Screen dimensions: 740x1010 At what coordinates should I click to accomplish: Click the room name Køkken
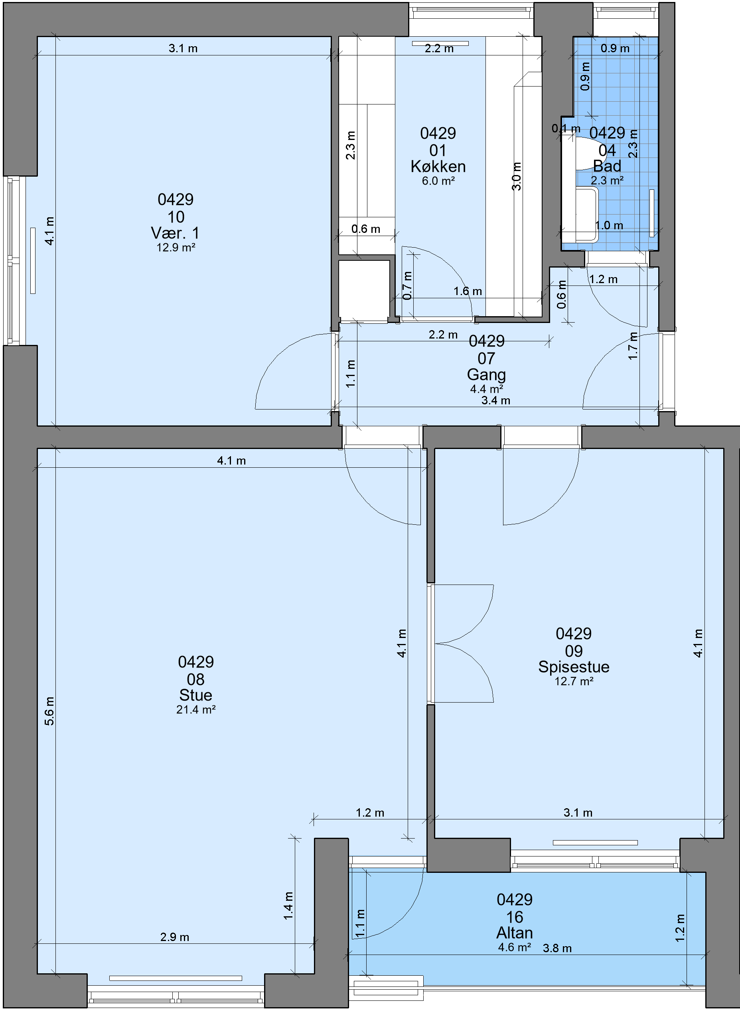[x=438, y=167]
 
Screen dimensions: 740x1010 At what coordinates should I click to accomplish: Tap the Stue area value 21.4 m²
[x=196, y=710]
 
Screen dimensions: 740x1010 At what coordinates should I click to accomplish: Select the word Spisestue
[x=574, y=667]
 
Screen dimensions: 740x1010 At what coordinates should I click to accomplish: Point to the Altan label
[x=515, y=929]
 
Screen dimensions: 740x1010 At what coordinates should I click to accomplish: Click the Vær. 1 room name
[x=175, y=233]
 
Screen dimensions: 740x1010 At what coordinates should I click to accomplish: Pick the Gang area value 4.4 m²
[x=486, y=389]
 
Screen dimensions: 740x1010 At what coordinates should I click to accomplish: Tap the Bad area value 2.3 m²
[x=608, y=180]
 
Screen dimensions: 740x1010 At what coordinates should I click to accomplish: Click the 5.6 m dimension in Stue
[x=49, y=711]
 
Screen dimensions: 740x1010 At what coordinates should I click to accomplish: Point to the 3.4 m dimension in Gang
[x=496, y=401]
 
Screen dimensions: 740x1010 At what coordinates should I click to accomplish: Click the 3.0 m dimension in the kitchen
[x=517, y=176]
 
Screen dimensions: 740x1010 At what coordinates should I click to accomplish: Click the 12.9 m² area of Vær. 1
[x=176, y=248]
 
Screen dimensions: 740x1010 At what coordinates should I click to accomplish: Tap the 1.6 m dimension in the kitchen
[x=468, y=291]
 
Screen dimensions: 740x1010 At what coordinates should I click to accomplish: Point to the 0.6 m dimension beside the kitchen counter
[x=365, y=229]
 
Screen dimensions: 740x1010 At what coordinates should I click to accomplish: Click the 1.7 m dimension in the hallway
[x=633, y=346]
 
